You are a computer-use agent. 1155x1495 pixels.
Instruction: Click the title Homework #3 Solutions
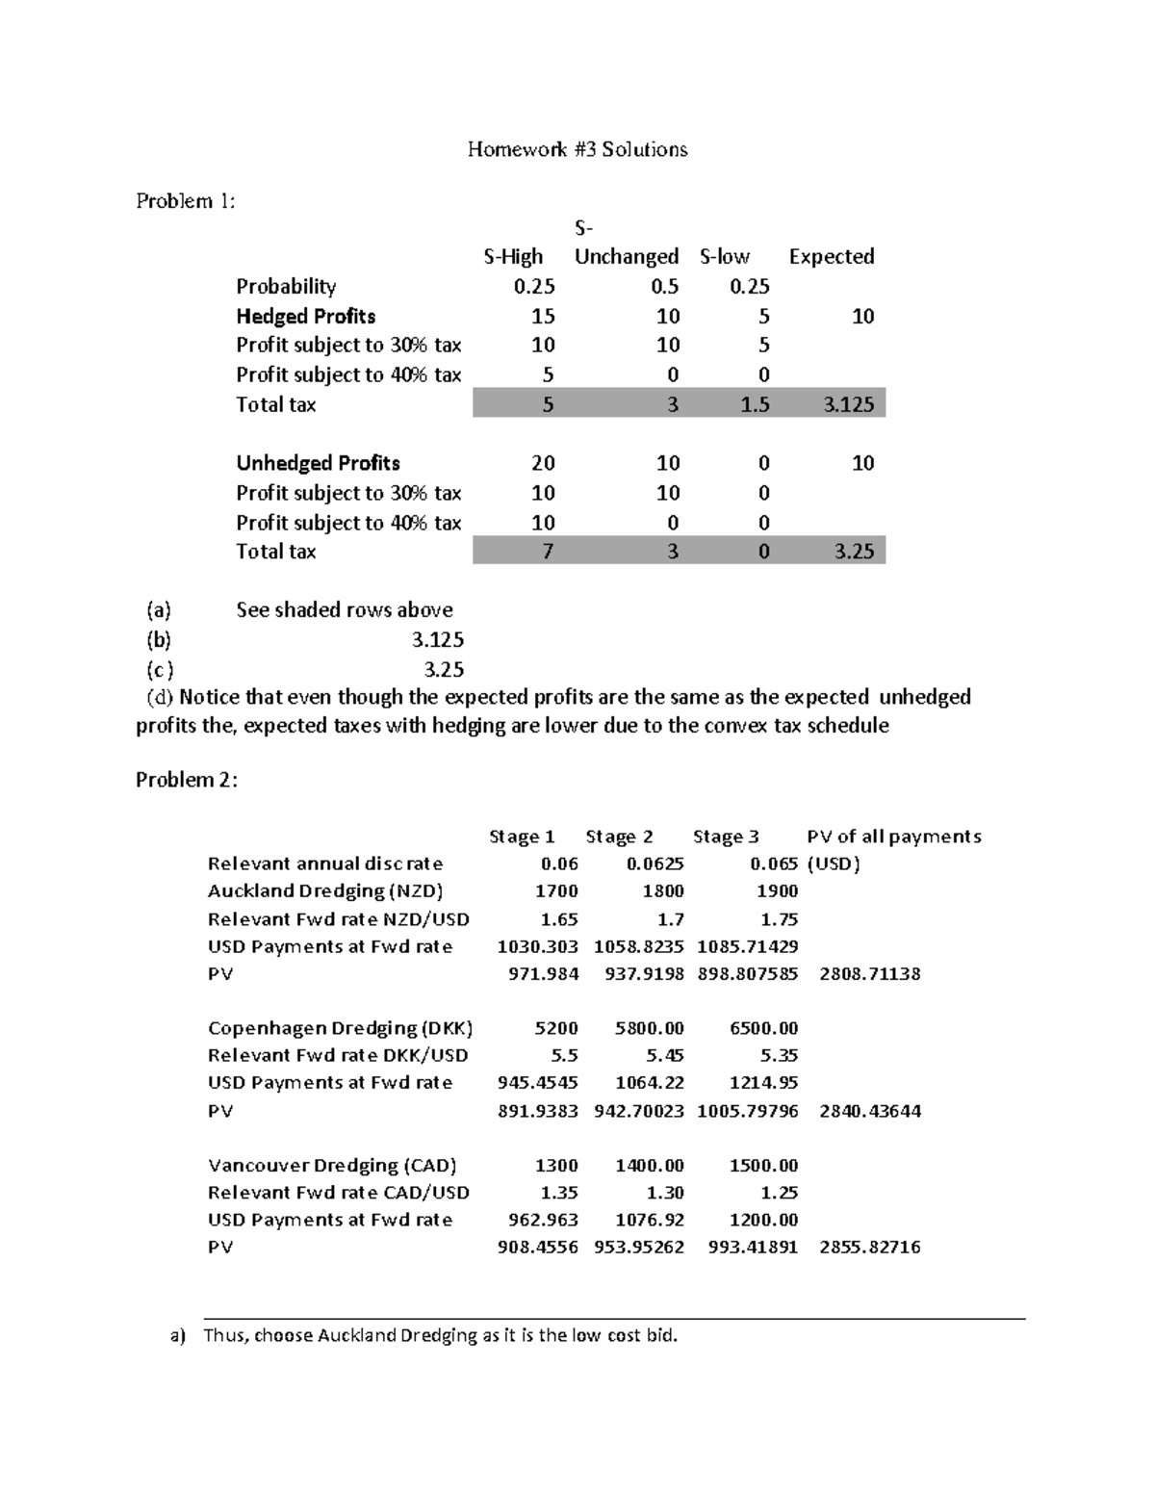pyautogui.click(x=577, y=149)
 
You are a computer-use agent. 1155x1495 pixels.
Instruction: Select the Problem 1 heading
pyautogui.click(x=186, y=201)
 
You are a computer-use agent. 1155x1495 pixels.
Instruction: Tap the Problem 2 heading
pyautogui.click(x=186, y=780)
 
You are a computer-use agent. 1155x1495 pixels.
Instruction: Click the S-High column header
pyautogui.click(x=513, y=257)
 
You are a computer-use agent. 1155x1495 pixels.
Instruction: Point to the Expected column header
pyautogui.click(x=832, y=257)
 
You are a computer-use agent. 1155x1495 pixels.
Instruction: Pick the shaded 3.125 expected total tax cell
pyautogui.click(x=849, y=404)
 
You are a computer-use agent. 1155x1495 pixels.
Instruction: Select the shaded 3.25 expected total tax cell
pyautogui.click(x=855, y=552)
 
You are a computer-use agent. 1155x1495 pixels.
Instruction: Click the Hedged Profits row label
pyautogui.click(x=306, y=317)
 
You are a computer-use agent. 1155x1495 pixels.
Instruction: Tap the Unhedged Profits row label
pyautogui.click(x=318, y=463)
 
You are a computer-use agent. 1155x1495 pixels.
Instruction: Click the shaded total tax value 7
pyautogui.click(x=548, y=552)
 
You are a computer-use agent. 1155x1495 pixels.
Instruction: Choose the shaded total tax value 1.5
pyautogui.click(x=756, y=404)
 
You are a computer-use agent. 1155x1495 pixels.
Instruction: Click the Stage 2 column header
pyautogui.click(x=619, y=837)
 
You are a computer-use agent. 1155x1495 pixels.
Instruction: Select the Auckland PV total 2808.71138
pyautogui.click(x=869, y=974)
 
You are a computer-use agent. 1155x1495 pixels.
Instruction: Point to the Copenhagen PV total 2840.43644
pyautogui.click(x=869, y=1111)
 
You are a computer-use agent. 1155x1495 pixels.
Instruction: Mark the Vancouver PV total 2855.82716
pyautogui.click(x=869, y=1248)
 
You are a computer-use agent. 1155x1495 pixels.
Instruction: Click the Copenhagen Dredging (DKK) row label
pyautogui.click(x=340, y=1028)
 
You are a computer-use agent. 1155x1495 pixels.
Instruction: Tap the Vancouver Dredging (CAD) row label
pyautogui.click(x=332, y=1166)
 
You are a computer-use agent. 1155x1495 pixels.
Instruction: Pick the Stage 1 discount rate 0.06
pyautogui.click(x=560, y=863)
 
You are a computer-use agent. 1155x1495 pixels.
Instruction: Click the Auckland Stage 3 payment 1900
pyautogui.click(x=777, y=891)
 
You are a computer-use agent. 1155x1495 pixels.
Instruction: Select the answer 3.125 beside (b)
pyautogui.click(x=438, y=640)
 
